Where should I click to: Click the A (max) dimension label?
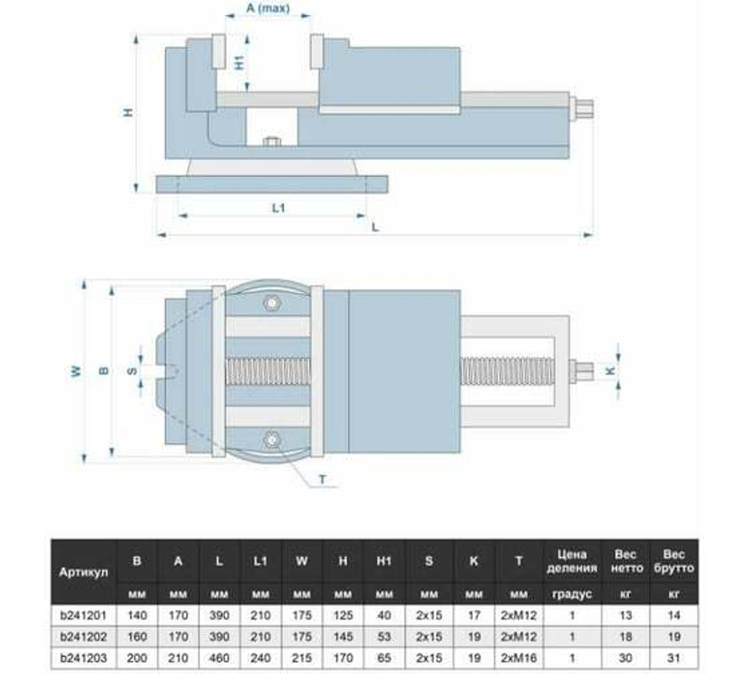click(267, 10)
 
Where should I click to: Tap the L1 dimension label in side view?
click(278, 208)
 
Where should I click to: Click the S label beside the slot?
click(130, 371)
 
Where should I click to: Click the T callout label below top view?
click(322, 479)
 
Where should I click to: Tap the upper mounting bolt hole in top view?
click(271, 303)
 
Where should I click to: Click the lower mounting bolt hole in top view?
click(271, 439)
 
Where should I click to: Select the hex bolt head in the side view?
click(272, 141)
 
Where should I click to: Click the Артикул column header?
click(84, 572)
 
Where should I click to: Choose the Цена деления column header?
click(572, 561)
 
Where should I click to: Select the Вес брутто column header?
click(673, 561)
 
